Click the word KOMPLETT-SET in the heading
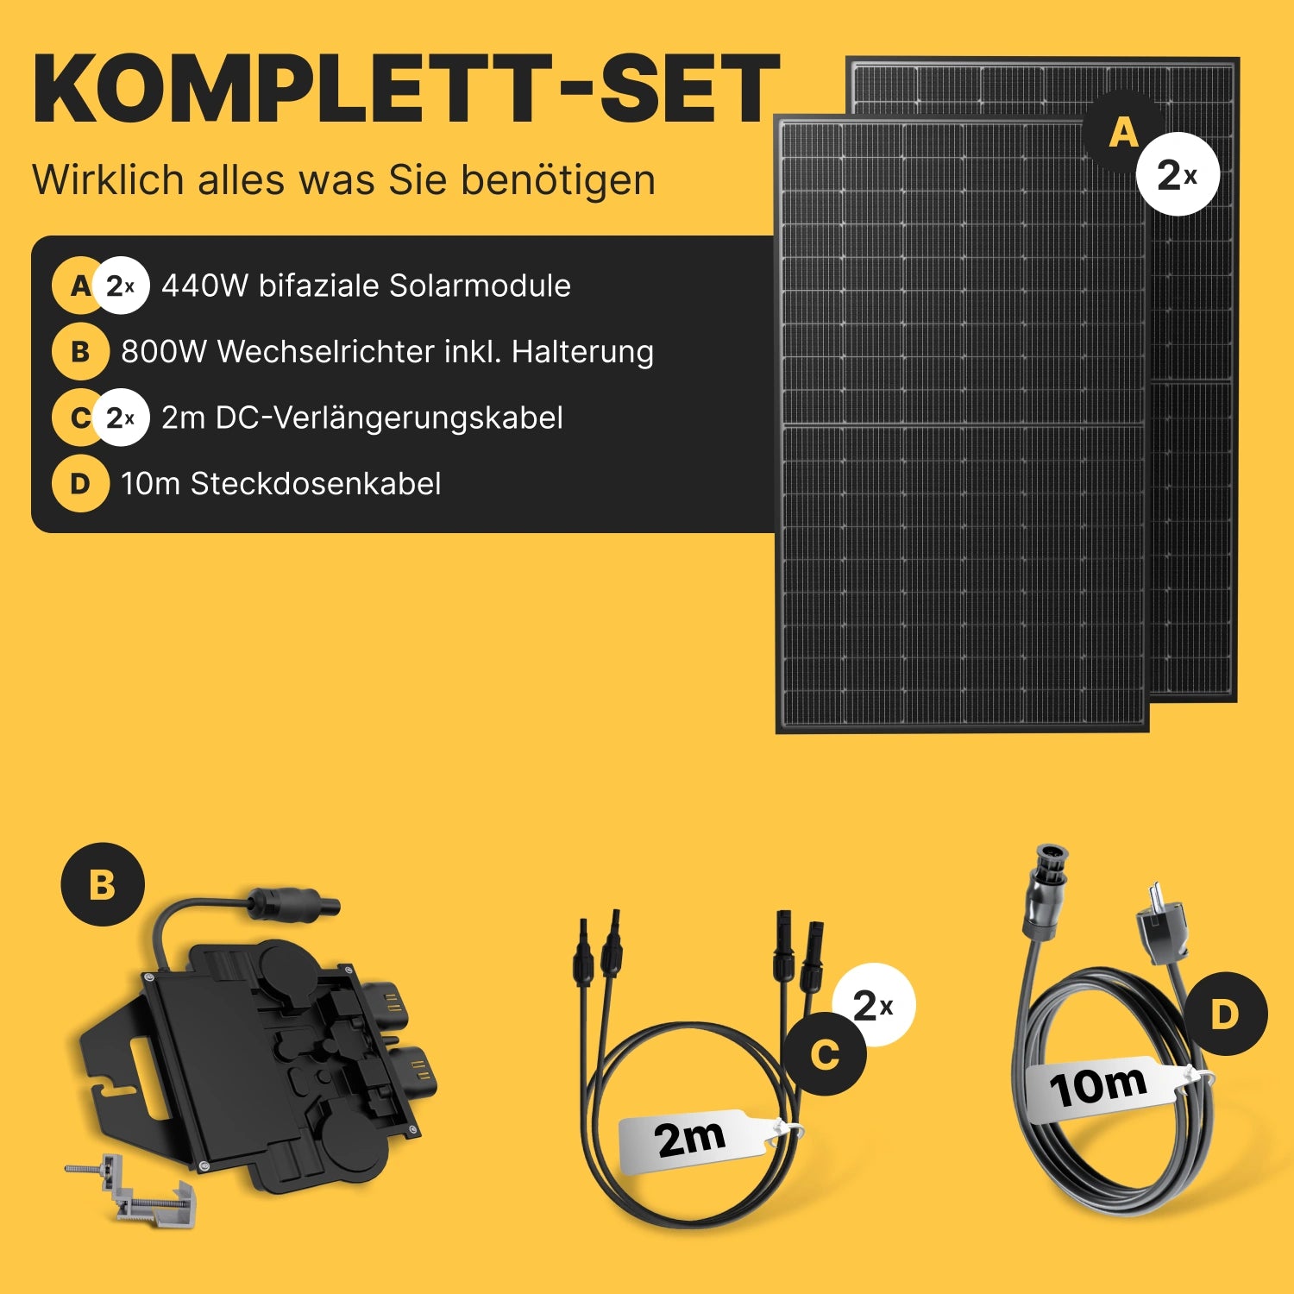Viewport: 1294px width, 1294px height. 406,90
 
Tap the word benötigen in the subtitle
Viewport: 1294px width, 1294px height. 558,180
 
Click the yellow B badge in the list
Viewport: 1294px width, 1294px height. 80,351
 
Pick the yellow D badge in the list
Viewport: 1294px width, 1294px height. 80,483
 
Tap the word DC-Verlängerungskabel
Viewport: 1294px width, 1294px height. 389,418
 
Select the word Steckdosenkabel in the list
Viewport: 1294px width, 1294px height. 316,484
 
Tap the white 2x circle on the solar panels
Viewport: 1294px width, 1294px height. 1178,174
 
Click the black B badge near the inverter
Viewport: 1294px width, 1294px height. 103,884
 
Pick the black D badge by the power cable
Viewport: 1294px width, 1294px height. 1224,1014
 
